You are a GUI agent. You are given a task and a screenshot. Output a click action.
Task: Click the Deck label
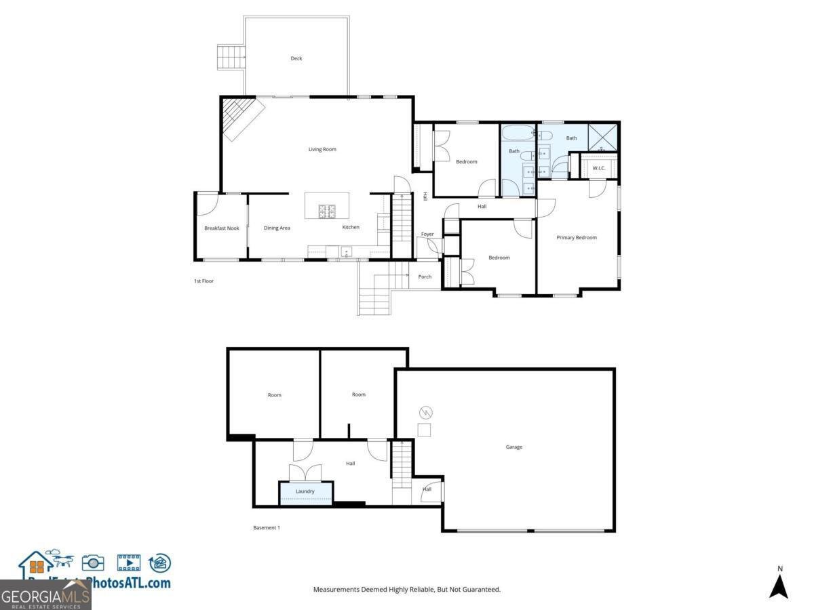pyautogui.click(x=296, y=58)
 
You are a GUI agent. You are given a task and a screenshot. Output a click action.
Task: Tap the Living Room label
pyautogui.click(x=322, y=149)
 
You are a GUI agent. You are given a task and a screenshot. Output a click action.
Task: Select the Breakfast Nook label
pyautogui.click(x=222, y=228)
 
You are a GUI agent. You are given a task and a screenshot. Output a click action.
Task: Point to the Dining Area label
pyautogui.click(x=277, y=228)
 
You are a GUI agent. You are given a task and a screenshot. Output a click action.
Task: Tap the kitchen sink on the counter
pyautogui.click(x=347, y=252)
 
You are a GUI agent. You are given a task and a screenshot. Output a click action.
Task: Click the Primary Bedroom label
pyautogui.click(x=577, y=238)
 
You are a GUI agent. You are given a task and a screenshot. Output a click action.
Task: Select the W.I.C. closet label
pyautogui.click(x=599, y=168)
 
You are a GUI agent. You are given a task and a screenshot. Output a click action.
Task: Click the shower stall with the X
pyautogui.click(x=603, y=138)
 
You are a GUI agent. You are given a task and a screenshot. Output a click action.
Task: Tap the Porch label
pyautogui.click(x=425, y=277)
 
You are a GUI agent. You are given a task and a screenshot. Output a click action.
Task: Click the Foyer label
pyautogui.click(x=427, y=235)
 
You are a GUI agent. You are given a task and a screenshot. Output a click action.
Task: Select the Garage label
pyautogui.click(x=514, y=447)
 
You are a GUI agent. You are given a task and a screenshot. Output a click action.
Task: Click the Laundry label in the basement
pyautogui.click(x=305, y=491)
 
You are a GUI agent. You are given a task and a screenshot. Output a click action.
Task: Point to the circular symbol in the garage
pyautogui.click(x=426, y=412)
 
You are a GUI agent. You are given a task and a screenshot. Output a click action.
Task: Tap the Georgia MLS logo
pyautogui.click(x=45, y=596)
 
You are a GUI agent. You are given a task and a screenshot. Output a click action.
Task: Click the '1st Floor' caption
pyautogui.click(x=203, y=281)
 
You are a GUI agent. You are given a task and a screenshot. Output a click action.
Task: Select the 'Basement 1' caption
pyautogui.click(x=267, y=527)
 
